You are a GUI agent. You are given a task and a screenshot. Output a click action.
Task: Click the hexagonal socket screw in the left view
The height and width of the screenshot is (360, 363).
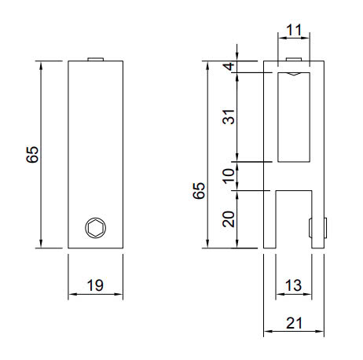coord(95,228)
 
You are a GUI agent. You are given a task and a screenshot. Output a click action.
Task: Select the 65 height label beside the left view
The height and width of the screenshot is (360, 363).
coord(32,154)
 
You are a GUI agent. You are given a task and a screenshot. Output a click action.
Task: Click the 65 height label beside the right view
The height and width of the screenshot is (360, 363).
coord(199,189)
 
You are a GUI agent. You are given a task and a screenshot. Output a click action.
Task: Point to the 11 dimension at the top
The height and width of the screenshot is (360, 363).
coord(295,31)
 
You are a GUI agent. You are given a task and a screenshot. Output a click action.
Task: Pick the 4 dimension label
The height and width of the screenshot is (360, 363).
coord(229,67)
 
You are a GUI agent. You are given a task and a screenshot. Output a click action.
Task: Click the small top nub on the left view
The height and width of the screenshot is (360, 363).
coord(95,58)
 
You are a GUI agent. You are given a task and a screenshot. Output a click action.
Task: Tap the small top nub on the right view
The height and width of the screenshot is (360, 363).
coord(294,59)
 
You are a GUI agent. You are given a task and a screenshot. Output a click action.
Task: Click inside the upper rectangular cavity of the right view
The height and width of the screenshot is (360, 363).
coord(295,118)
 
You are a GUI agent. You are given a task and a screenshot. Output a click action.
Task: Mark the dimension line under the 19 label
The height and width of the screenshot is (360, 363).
coord(95,296)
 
